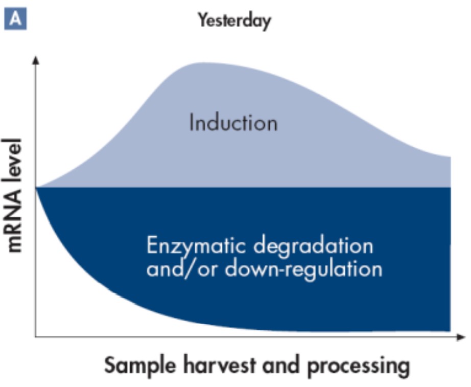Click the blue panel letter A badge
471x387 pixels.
[x=15, y=19]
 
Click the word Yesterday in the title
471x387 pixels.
[x=234, y=21]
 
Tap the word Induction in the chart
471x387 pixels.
[x=233, y=123]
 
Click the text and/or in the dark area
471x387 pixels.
[x=181, y=268]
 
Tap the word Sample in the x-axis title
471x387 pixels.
[x=140, y=365]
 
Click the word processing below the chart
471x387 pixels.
[x=359, y=366]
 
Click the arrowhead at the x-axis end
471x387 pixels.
[x=461, y=337]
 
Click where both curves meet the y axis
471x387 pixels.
[x=36, y=187]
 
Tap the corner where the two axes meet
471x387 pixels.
[x=35, y=337]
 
